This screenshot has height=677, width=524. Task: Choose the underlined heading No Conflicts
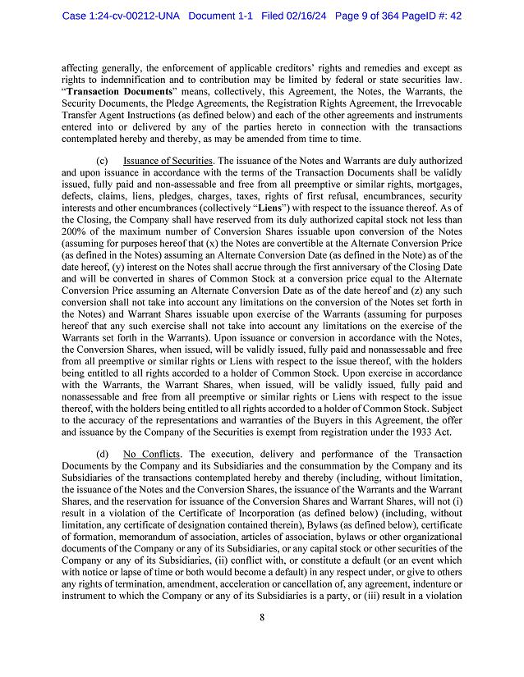(x=151, y=454)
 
